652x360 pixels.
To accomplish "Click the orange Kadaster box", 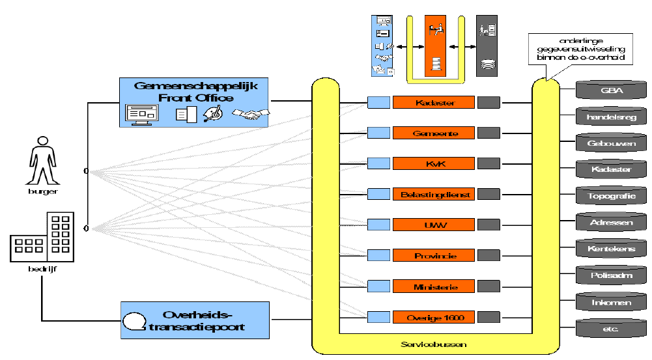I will pyautogui.click(x=433, y=102).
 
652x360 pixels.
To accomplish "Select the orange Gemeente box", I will pyautogui.click(x=433, y=133).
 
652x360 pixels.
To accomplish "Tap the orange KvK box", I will pyautogui.click(x=433, y=163).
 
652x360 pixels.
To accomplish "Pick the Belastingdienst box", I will pyautogui.click(x=433, y=194).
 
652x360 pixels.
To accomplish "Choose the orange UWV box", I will pyautogui.click(x=433, y=225).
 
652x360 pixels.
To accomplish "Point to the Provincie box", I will pyautogui.click(x=433, y=256).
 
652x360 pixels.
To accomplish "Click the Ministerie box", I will pyautogui.click(x=433, y=286).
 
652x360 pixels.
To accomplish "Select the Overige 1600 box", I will pyautogui.click(x=433, y=317).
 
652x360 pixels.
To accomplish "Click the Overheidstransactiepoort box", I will pyautogui.click(x=195, y=320).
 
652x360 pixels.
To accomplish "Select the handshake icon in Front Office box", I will pyautogui.click(x=251, y=115).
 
